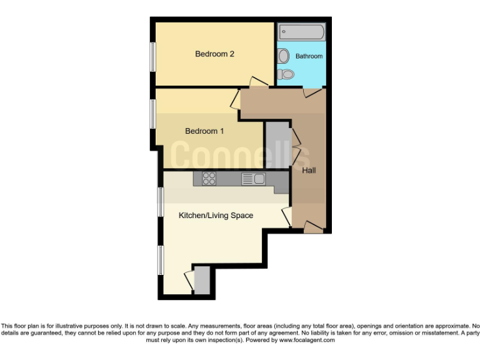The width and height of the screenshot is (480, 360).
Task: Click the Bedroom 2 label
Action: tap(214, 54)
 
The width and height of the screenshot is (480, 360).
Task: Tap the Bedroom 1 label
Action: tap(204, 131)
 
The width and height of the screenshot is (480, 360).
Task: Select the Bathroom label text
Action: tap(309, 56)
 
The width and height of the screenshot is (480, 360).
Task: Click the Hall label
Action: tap(309, 170)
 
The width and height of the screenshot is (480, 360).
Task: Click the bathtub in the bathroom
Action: tap(301, 31)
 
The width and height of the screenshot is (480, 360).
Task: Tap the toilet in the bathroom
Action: tap(286, 74)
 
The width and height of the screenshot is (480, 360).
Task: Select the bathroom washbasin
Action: tap(283, 56)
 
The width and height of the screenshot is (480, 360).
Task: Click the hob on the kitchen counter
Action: tap(209, 179)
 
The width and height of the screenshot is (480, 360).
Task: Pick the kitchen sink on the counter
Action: tap(254, 179)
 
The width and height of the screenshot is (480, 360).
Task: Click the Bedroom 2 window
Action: tap(152, 61)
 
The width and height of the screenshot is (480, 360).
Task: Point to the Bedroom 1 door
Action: tap(236, 99)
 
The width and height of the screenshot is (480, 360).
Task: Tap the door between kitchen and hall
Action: tap(287, 216)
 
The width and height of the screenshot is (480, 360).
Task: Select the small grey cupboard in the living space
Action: tap(202, 280)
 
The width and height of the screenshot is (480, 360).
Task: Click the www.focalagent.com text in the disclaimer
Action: tap(307, 341)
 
